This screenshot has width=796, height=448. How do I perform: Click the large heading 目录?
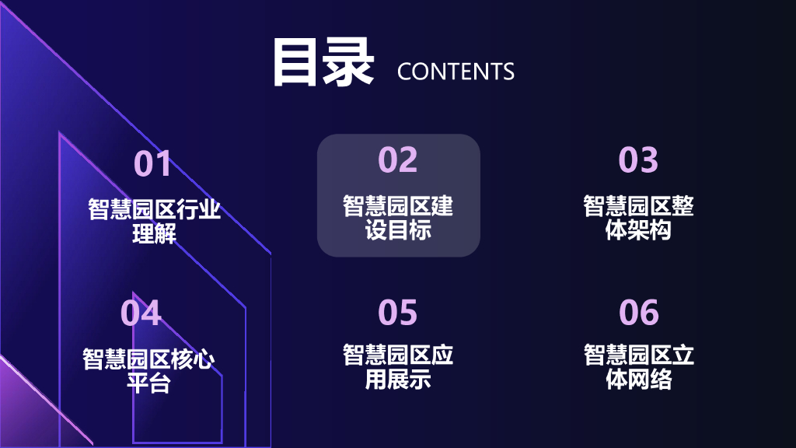323,62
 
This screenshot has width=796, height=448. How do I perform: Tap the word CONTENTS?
456,72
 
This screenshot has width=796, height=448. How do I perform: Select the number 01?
152,163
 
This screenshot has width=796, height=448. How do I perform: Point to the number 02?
398,159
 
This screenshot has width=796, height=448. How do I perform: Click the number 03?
638,159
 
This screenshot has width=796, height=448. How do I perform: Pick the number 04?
141,313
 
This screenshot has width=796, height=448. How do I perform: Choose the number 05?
398,313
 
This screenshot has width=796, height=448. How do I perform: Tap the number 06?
638,313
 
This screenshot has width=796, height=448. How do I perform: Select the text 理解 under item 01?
154,233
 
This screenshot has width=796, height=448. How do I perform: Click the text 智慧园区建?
398,207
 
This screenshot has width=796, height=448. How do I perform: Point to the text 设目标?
398,230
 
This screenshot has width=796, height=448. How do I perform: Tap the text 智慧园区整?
638,207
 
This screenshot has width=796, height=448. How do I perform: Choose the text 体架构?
638,230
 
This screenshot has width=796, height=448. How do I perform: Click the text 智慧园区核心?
148,359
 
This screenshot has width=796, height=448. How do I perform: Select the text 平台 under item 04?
148,383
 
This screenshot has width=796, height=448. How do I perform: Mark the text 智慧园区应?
398,356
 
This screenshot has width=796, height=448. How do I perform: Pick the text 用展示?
398,380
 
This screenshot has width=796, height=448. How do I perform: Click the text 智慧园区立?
638,356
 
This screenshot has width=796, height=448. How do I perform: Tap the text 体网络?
638,380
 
